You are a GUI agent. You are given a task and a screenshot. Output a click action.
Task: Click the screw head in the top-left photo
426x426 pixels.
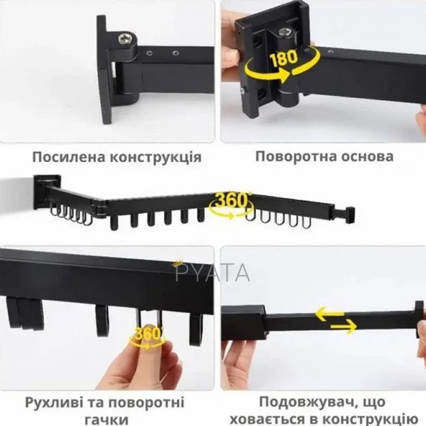[126, 39]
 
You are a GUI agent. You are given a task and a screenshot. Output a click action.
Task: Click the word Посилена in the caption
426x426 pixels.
[69, 157]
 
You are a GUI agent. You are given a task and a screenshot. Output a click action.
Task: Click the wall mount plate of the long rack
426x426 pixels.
[47, 192]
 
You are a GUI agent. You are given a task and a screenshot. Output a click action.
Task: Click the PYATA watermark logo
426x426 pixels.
[212, 272]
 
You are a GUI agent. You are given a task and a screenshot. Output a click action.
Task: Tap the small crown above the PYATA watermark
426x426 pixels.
[177, 263]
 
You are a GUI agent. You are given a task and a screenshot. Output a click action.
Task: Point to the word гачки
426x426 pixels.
[107, 420]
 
